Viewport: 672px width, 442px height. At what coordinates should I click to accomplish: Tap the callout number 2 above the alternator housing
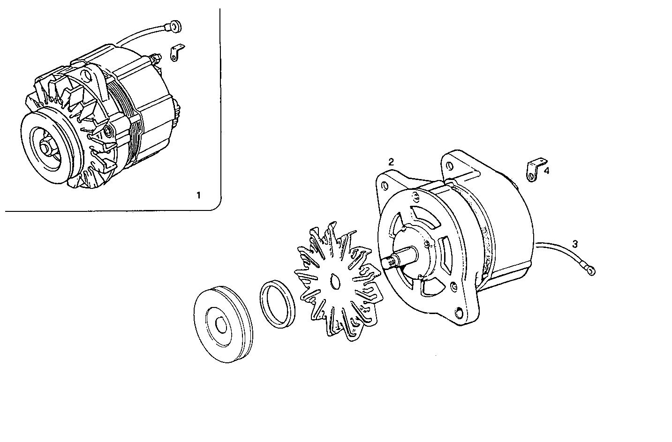pos(391,162)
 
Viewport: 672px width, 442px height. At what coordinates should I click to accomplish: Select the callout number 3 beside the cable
pos(575,244)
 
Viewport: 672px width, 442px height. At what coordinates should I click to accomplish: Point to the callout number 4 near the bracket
pos(546,171)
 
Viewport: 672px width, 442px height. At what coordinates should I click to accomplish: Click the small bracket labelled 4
pos(533,170)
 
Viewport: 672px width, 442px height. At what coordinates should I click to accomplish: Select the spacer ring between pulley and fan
pos(277,303)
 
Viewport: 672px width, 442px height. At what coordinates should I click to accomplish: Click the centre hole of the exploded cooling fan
pos(334,282)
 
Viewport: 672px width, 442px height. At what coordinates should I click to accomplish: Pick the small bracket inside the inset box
pos(177,52)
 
